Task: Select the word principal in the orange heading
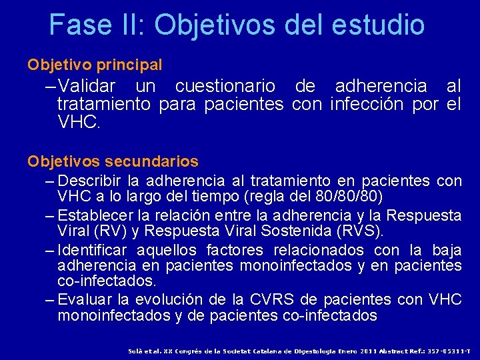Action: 129,65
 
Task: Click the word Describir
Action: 89,181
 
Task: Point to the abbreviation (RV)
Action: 125,232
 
